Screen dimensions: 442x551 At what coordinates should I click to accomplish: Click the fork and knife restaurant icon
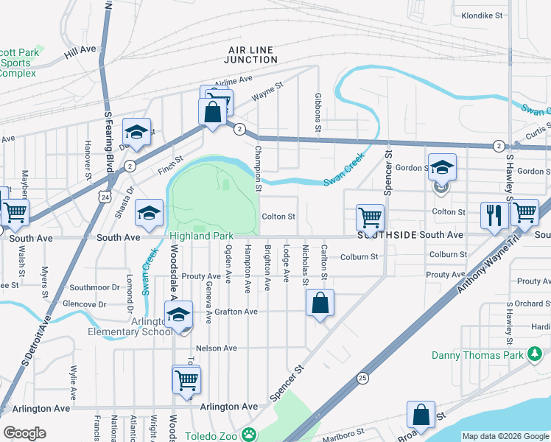point(494,214)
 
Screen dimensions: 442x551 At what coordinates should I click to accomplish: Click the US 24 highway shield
point(107,197)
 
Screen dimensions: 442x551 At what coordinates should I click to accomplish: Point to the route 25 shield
point(362,378)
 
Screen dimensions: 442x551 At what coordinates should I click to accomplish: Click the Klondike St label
point(481,15)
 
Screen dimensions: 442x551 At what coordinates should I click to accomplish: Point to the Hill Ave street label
point(80,50)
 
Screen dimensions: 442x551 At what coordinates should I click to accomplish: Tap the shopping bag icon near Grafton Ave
point(320,302)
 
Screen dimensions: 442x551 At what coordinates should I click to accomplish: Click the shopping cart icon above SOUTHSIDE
point(370,217)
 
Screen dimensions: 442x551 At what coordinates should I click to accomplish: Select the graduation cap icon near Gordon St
point(442,166)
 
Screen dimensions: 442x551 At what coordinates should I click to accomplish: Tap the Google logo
point(24,433)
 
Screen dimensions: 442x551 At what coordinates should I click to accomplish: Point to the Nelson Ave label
point(216,348)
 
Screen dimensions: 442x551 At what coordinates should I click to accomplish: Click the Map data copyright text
point(505,436)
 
